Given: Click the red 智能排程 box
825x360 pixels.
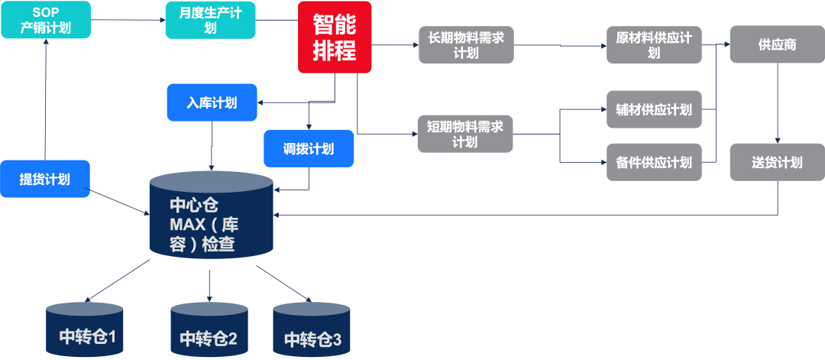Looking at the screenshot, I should coord(335,37).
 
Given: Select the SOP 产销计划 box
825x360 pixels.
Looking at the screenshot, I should coord(46,21).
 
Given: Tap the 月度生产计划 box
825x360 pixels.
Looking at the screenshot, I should coord(210,21).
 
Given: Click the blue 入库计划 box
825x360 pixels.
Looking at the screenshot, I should coord(212,102).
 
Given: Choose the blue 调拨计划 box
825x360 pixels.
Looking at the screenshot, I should coord(309,148).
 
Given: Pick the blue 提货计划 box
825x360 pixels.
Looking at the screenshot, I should coord(44,180).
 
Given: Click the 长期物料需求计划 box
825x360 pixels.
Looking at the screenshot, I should coord(465,45).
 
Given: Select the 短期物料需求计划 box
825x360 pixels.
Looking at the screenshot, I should coord(465,134).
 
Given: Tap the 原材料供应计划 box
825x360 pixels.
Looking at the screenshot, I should coord(653,45).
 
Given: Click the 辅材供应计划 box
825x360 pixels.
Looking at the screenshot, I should coord(653,110).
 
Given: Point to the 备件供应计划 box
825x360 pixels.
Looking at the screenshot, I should coord(653,162).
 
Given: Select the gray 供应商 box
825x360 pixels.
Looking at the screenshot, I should coord(777,45).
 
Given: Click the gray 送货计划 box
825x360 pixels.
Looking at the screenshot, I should coord(777,162).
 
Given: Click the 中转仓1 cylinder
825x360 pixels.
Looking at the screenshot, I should coord(84,329).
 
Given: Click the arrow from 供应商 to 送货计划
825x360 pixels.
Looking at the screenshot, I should coord(778,103).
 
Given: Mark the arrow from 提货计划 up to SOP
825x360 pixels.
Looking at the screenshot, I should coord(46,99).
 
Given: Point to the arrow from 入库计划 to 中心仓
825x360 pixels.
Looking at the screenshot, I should coord(212,145).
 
